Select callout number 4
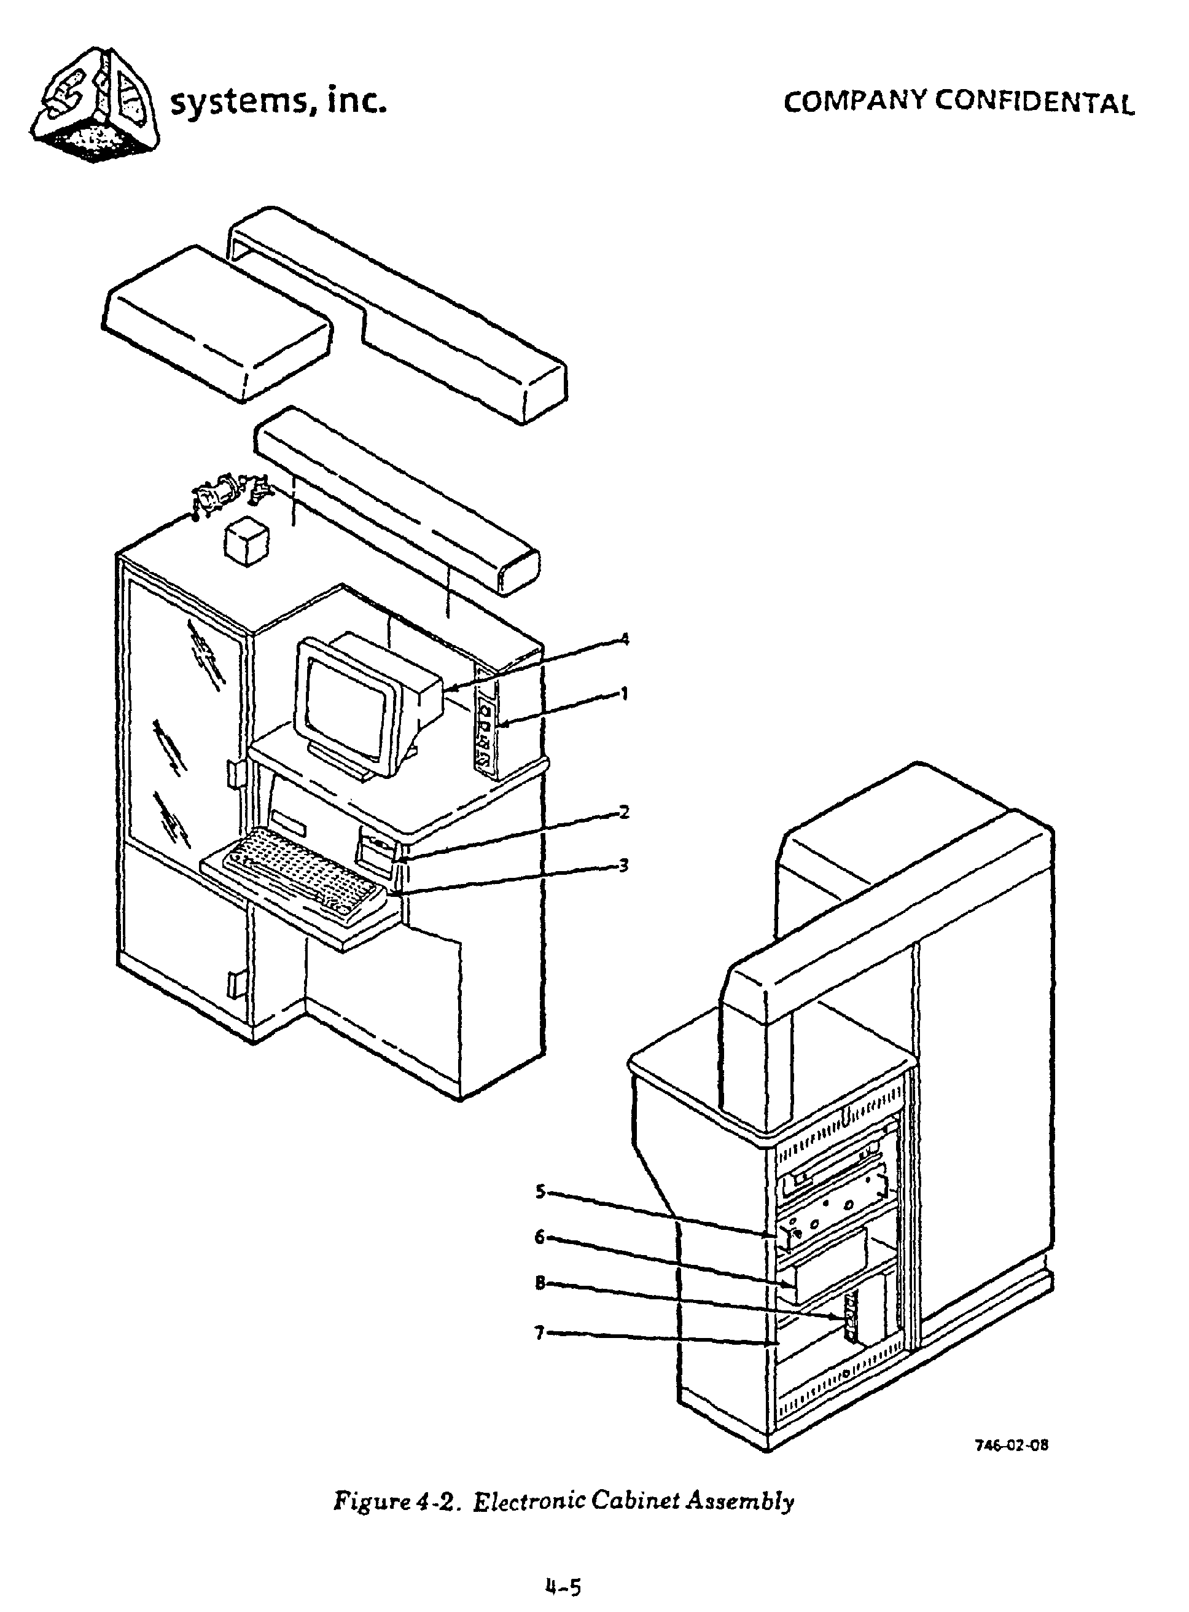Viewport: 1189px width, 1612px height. tap(625, 639)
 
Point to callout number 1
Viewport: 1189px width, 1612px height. tap(624, 694)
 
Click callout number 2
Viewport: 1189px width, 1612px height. tap(624, 812)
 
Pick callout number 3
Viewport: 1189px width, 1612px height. tap(624, 866)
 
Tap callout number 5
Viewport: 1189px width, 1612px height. tap(540, 1192)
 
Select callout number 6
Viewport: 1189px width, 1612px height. tap(540, 1237)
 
